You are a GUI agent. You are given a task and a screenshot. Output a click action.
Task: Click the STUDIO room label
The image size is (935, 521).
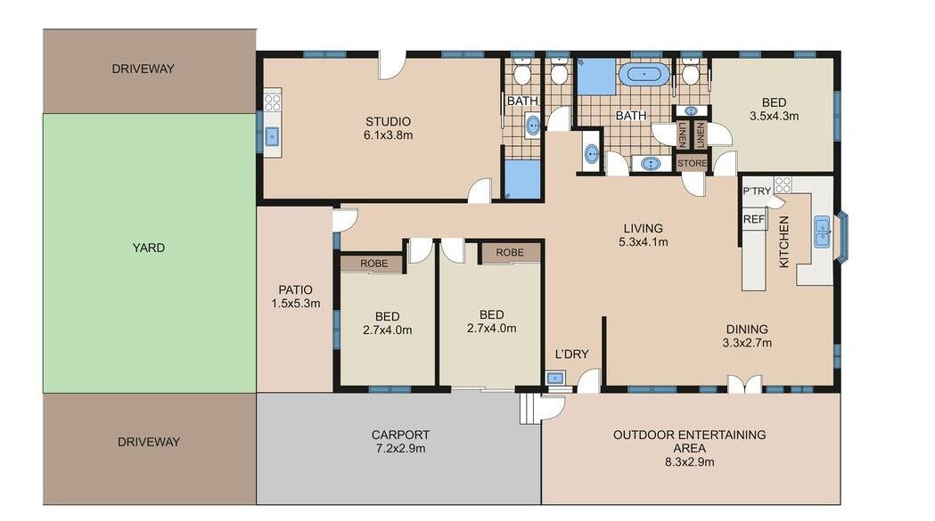389,122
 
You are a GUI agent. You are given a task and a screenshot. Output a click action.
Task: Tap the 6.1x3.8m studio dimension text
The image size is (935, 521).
389,135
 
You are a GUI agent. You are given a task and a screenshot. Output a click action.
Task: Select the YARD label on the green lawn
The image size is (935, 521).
149,248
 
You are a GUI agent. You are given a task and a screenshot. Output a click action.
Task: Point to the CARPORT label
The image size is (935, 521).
400,435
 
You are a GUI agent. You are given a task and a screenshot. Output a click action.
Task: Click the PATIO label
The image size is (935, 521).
295,289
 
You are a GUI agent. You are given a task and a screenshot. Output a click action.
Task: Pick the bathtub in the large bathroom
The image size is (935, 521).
644,75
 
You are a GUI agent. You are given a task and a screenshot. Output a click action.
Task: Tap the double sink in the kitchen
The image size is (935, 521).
823,232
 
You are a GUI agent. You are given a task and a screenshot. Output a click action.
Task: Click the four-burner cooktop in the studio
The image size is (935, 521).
273,102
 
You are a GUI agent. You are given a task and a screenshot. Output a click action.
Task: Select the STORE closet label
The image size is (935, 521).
692,163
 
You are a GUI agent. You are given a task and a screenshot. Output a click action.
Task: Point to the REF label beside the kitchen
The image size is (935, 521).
754,219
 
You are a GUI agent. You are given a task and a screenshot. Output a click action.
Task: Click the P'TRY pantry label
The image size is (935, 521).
757,191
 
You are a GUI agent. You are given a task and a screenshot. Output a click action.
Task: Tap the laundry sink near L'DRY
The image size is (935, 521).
556,378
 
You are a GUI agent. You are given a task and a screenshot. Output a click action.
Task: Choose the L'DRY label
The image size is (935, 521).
571,354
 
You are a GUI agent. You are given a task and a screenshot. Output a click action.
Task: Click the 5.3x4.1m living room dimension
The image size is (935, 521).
644,242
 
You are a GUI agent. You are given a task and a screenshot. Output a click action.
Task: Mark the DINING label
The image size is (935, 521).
747,329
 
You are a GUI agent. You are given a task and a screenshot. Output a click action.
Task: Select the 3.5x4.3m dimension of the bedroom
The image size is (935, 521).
774,117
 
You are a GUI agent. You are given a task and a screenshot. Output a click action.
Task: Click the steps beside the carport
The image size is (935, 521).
526,408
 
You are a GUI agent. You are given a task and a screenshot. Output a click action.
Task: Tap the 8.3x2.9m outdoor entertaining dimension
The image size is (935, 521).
689,461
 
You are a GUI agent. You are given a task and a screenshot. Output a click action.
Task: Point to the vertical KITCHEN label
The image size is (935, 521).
784,241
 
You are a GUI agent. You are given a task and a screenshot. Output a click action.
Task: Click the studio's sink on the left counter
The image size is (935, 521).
272,137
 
